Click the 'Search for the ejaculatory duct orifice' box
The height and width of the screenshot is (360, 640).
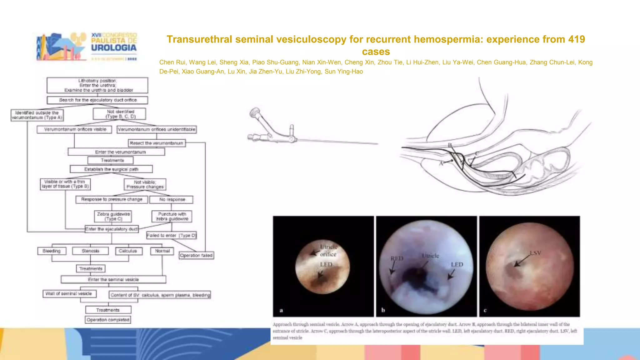click(97, 100)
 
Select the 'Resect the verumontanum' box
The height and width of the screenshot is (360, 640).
click(157, 143)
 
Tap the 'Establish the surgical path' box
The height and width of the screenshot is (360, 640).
click(111, 169)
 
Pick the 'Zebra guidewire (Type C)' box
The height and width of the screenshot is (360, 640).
click(113, 216)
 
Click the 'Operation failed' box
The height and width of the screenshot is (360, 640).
click(196, 256)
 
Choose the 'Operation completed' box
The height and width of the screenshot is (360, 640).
click(108, 320)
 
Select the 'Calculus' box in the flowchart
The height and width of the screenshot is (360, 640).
click(128, 251)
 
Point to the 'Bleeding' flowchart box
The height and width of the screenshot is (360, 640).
click(52, 251)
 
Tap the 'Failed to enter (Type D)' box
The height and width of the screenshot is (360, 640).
click(172, 235)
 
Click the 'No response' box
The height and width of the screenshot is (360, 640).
click(172, 199)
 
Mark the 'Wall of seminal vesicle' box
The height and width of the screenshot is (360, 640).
click(69, 294)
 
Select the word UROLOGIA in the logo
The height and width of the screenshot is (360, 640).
click(114, 48)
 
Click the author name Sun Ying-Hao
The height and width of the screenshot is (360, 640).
click(344, 72)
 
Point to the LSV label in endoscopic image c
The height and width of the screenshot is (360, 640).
click(535, 253)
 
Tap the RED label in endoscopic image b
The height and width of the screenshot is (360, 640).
click(397, 258)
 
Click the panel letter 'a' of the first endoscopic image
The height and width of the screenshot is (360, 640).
click(281, 310)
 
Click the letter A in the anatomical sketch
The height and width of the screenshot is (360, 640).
click(441, 163)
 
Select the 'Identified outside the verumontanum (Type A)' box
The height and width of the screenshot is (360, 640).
click(37, 115)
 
